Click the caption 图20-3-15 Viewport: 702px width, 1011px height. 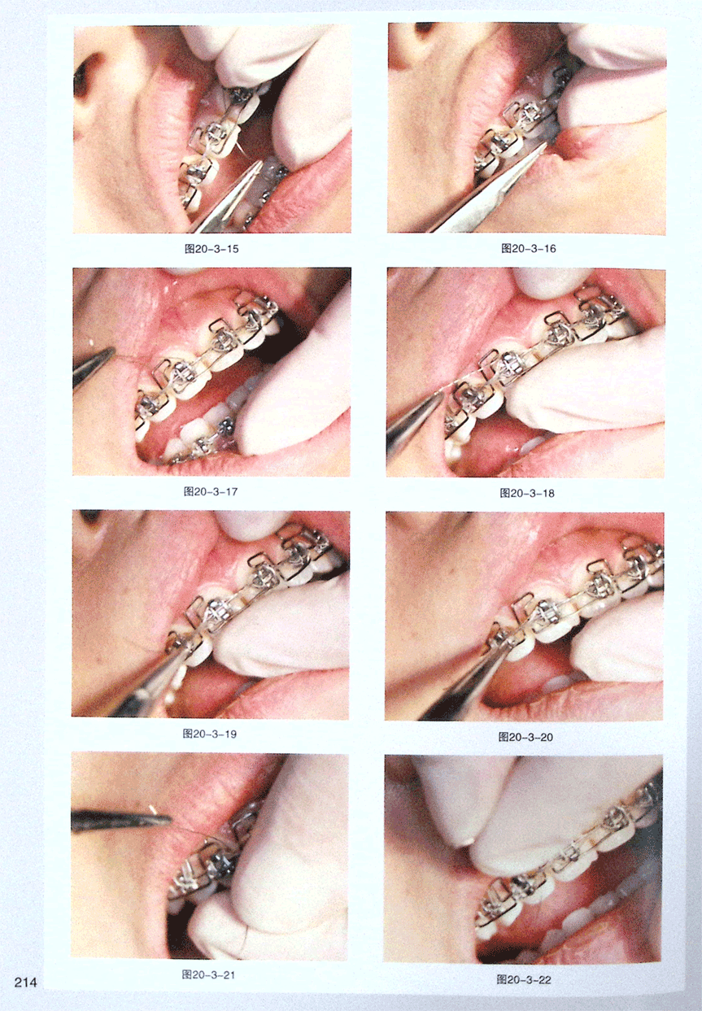211,249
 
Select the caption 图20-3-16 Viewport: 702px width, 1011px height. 528,248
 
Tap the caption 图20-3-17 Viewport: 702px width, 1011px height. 211,491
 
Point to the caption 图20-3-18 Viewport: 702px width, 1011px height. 527,493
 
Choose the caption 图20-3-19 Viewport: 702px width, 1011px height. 210,734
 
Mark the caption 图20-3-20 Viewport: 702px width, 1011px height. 526,737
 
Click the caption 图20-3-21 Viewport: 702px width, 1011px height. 208,974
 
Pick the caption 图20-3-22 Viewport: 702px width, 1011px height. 524,979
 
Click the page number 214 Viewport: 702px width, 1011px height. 25,982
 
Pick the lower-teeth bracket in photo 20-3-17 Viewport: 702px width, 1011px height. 225,425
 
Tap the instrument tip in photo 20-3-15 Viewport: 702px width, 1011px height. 261,163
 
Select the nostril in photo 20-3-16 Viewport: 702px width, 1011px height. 425,28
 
